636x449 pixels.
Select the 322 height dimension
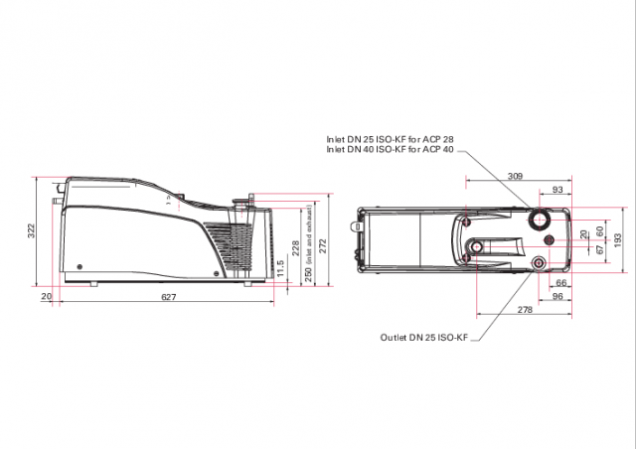pos(32,230)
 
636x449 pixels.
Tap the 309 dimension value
pos(515,176)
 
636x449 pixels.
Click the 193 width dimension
pos(617,239)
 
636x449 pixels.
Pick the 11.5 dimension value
pos(281,268)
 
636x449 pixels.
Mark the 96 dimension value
pos(557,297)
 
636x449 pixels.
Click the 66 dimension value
pos(561,284)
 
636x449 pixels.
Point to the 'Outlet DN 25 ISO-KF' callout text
pos(421,338)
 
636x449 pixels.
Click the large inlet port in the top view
pos(541,219)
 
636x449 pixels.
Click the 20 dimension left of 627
pos(46,297)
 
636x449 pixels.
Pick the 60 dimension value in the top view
pos(599,230)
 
